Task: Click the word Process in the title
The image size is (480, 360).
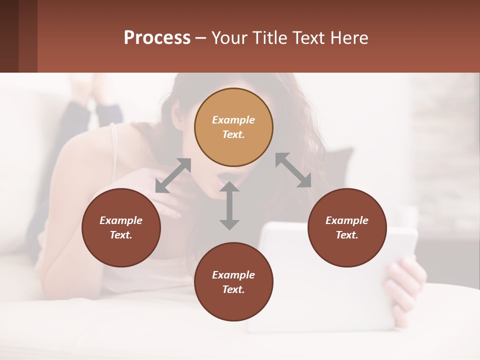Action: coord(157,38)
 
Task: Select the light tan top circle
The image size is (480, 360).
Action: coord(233,127)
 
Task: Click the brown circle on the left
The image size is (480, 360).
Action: coord(121,228)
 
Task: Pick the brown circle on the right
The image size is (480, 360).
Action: coord(347,228)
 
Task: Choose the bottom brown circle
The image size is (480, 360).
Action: coord(233,282)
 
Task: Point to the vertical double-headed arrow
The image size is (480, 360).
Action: coord(229,206)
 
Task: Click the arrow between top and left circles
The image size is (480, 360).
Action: coord(173,175)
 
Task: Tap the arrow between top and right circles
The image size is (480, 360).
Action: coord(293,170)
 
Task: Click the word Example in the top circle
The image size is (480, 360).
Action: coord(233,120)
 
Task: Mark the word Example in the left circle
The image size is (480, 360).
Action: coord(121,220)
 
